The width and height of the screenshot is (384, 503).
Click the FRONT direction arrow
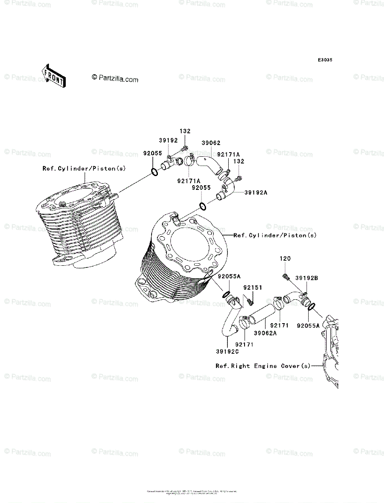tap(52, 75)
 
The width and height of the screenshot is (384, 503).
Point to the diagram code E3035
tap(325, 60)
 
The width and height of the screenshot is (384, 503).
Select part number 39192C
tap(227, 351)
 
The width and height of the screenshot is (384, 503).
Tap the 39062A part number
tap(265, 333)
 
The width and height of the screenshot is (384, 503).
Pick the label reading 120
tap(285, 259)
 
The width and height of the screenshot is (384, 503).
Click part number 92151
tap(253, 288)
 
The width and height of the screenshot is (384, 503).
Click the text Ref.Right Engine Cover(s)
tap(263, 366)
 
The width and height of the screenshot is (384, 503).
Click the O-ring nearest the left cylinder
tap(154, 171)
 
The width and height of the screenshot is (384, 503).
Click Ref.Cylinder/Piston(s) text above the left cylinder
tap(84, 169)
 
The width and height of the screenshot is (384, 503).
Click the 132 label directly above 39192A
tap(239, 161)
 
